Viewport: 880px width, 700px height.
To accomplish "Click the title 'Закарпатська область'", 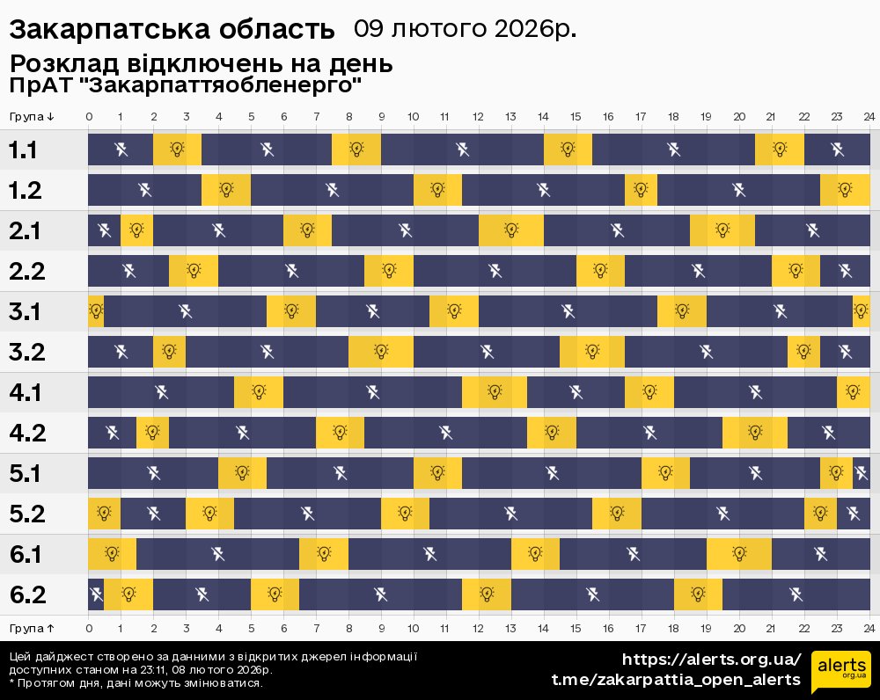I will tap(172, 30).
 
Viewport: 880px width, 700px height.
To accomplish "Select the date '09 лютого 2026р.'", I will tap(466, 29).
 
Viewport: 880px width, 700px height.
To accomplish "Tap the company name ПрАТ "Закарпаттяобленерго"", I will tap(186, 85).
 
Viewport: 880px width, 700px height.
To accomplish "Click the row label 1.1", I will tap(23, 149).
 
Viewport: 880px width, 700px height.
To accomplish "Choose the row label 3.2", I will tap(26, 352).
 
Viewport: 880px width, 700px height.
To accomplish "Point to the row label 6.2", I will tap(26, 594).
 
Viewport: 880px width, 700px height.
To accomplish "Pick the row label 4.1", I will tap(26, 392).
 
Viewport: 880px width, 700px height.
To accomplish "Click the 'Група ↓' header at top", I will tap(33, 116).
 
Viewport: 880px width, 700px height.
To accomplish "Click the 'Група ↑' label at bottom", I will tap(33, 628).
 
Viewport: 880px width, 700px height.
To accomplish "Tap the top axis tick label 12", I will tap(478, 116).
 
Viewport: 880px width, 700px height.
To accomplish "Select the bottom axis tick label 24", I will tap(869, 628).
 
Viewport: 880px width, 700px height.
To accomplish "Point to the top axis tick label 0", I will tap(89, 116).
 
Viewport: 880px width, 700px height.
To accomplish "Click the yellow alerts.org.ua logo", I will tap(840, 673).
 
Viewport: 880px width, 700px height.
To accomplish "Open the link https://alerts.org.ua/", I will tap(712, 660).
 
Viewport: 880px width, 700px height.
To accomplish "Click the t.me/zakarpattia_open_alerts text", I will tap(676, 680).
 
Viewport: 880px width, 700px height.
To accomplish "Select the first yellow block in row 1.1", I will tap(177, 149).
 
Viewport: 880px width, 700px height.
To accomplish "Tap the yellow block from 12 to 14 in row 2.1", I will tap(511, 230).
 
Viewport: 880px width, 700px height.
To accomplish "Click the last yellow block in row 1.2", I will tap(845, 190).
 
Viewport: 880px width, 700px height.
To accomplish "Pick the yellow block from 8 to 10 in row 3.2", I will tap(381, 352).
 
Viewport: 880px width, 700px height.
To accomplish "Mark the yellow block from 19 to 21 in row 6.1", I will tap(739, 554).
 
